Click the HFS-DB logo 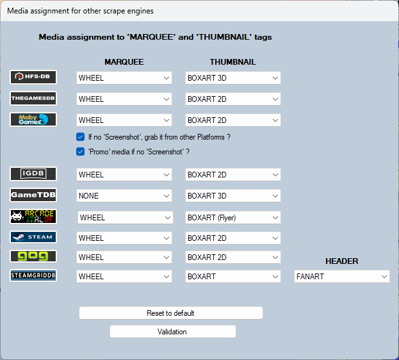click(x=33, y=77)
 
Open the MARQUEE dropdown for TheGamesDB click(x=124, y=99)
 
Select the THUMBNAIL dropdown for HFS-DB click(x=233, y=78)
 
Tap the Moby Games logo click(x=33, y=119)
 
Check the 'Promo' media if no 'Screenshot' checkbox click(x=81, y=152)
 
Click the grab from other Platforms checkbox click(x=81, y=137)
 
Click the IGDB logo click(x=33, y=174)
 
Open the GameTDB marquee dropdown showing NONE click(x=124, y=196)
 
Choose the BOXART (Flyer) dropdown click(x=233, y=218)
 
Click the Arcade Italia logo click(x=33, y=217)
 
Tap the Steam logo click(x=33, y=237)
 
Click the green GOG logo click(x=33, y=256)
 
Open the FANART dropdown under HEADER click(x=342, y=277)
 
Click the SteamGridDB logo click(x=33, y=275)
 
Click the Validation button click(x=173, y=331)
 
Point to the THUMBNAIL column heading click(x=232, y=62)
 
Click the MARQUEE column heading click(x=124, y=62)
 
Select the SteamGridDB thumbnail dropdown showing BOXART click(x=233, y=277)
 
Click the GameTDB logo click(x=33, y=195)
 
